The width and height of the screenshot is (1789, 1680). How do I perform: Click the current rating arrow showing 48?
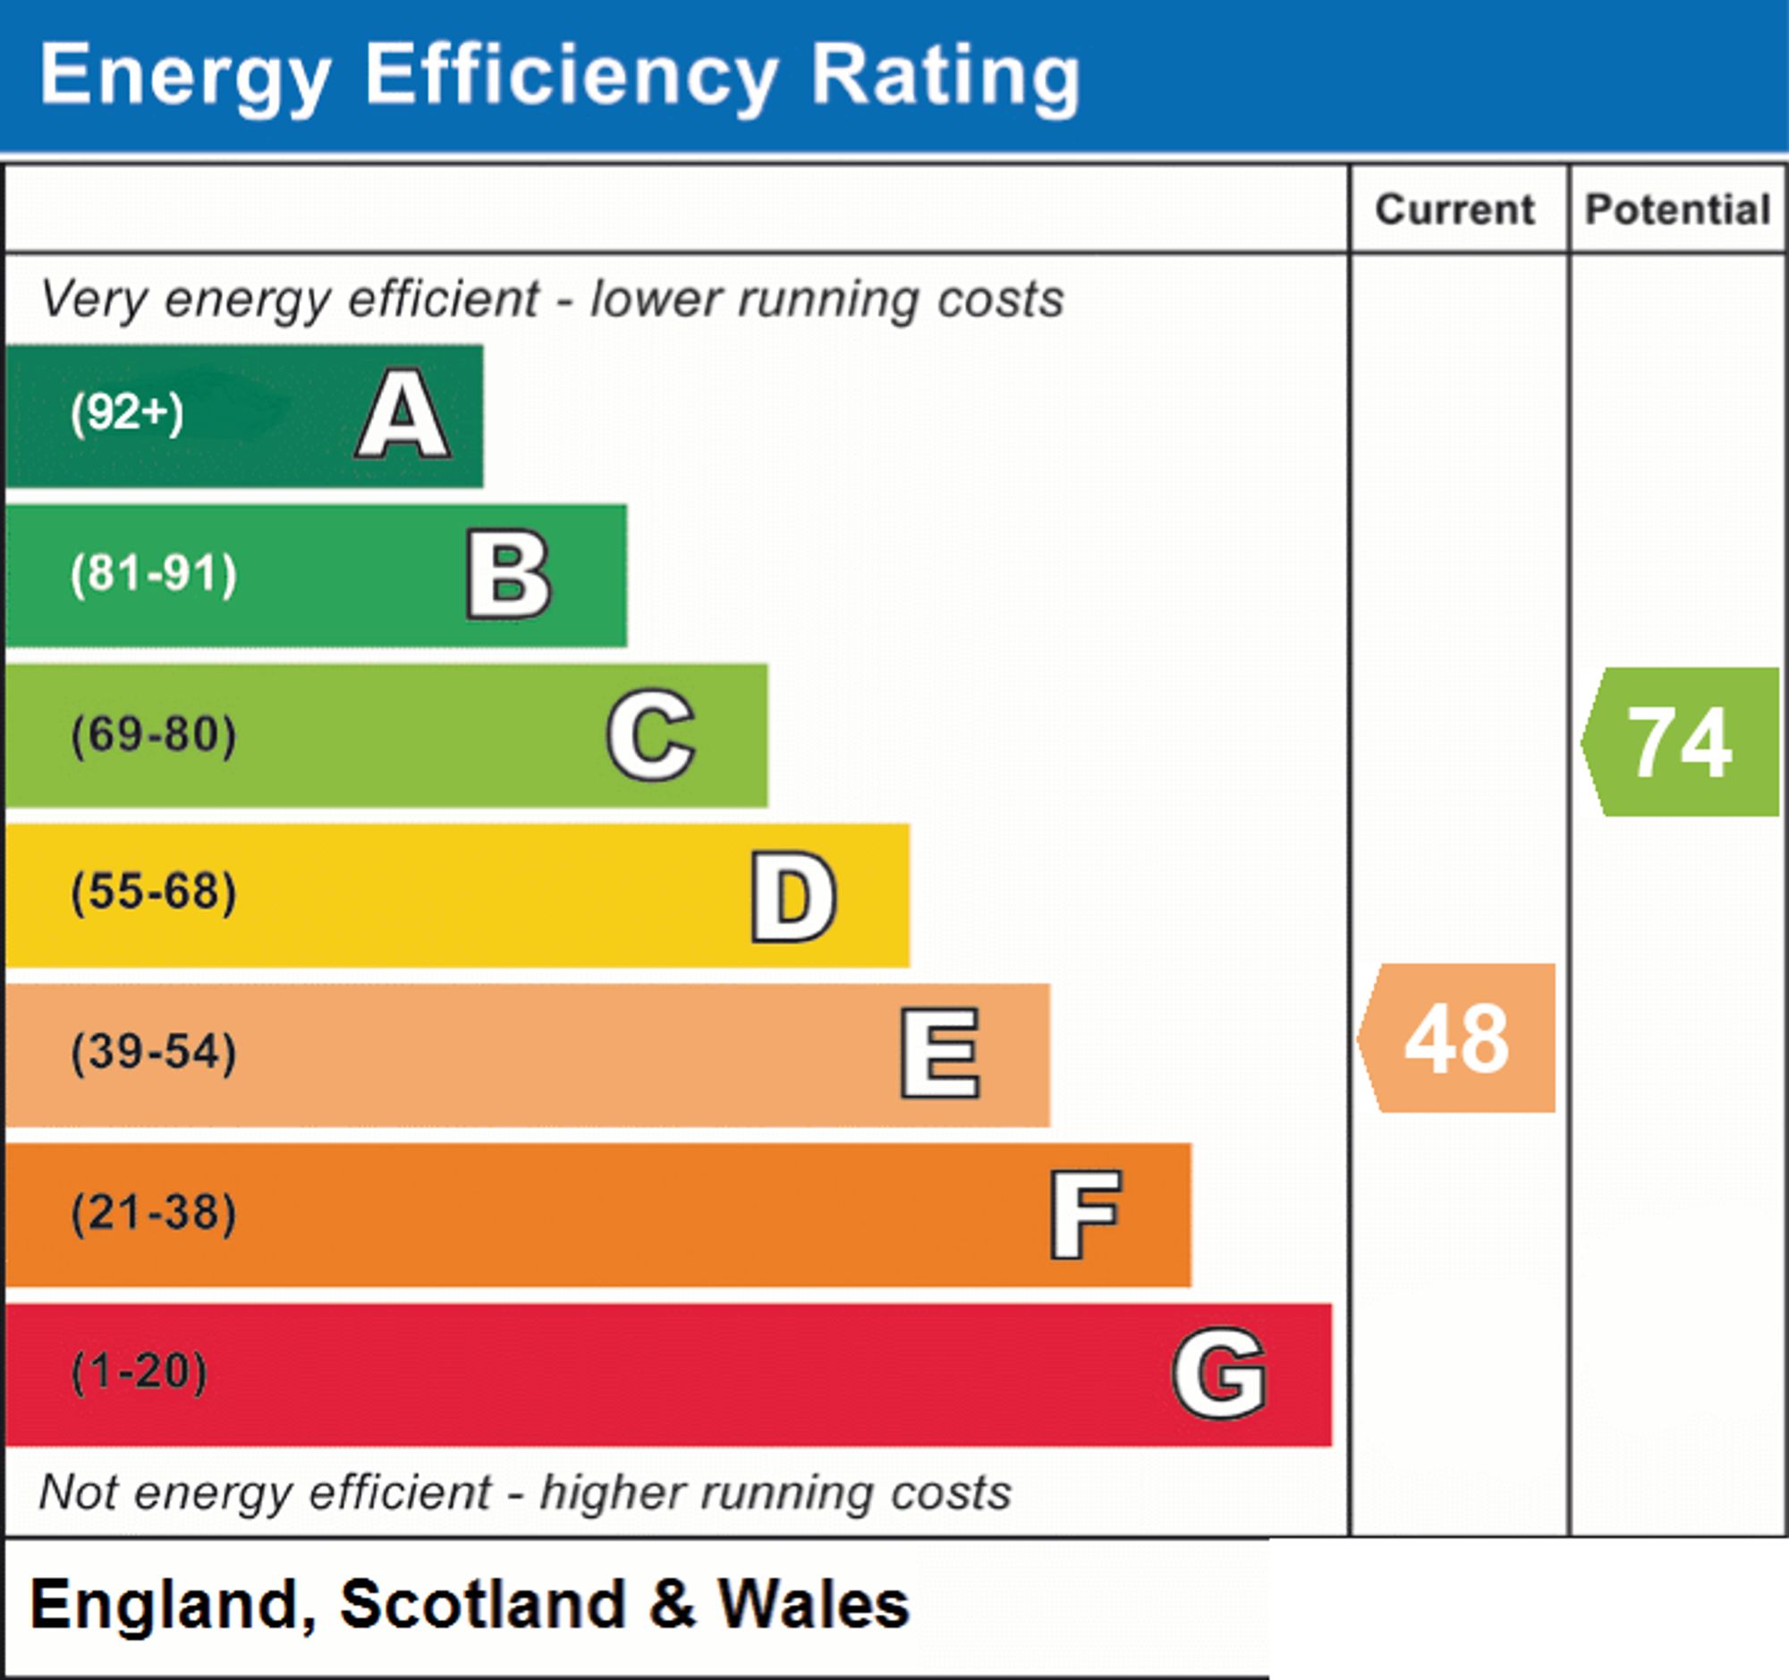click(1457, 1039)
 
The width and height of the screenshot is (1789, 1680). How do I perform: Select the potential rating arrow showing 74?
click(1680, 742)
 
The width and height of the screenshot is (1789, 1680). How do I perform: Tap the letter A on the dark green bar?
click(403, 414)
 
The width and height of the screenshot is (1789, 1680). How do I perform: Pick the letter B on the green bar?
click(508, 574)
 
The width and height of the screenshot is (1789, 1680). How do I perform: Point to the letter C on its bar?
click(650, 734)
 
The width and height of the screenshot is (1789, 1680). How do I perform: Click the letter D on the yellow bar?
click(793, 896)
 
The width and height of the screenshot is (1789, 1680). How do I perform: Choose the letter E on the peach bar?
click(940, 1053)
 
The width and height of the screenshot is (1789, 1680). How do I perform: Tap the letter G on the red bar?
click(1220, 1373)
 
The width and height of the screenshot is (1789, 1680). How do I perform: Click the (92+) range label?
click(127, 413)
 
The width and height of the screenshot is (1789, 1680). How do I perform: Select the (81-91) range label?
click(154, 574)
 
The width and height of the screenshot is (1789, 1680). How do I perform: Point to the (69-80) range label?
click(154, 734)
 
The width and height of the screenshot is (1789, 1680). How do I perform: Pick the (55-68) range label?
click(154, 893)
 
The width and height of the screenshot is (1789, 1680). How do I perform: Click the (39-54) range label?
click(154, 1053)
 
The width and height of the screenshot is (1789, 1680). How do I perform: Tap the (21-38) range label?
click(154, 1213)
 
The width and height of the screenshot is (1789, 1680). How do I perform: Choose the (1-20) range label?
click(140, 1372)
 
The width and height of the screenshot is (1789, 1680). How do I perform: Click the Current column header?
click(1455, 209)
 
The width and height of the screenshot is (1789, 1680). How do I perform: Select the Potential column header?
click(1678, 209)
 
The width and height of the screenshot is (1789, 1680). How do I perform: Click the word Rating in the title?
click(945, 80)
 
